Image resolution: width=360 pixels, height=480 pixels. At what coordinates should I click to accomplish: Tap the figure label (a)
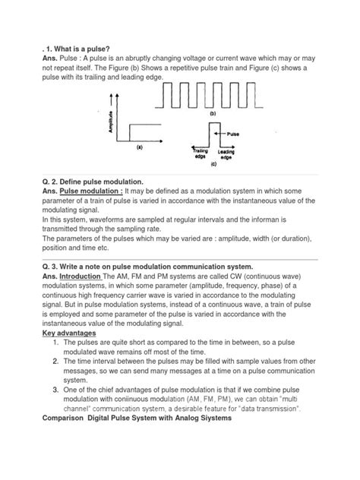(139, 149)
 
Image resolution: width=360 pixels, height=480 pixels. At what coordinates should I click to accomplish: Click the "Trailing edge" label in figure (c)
(199, 154)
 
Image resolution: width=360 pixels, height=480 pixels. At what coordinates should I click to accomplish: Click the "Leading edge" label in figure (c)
(226, 154)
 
